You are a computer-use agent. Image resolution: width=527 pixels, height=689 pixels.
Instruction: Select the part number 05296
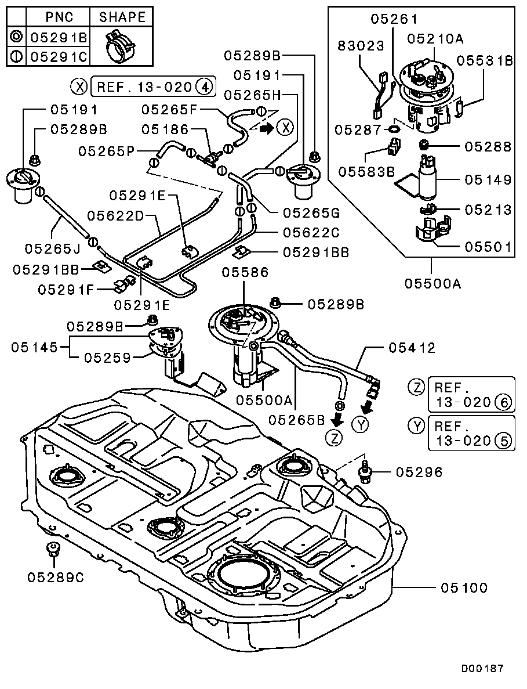(x=419, y=472)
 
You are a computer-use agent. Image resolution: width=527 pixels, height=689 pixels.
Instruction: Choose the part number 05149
(x=488, y=180)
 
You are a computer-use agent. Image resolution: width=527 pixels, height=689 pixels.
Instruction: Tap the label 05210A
(x=435, y=38)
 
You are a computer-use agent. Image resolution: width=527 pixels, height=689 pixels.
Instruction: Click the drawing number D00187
(x=482, y=669)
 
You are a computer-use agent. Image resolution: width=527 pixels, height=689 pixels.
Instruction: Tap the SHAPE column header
(x=122, y=17)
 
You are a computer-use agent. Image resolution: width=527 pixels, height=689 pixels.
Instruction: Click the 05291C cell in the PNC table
(x=58, y=56)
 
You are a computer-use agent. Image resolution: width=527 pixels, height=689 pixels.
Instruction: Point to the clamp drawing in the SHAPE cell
(x=121, y=46)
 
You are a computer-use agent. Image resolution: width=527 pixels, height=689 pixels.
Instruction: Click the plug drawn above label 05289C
(x=53, y=549)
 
